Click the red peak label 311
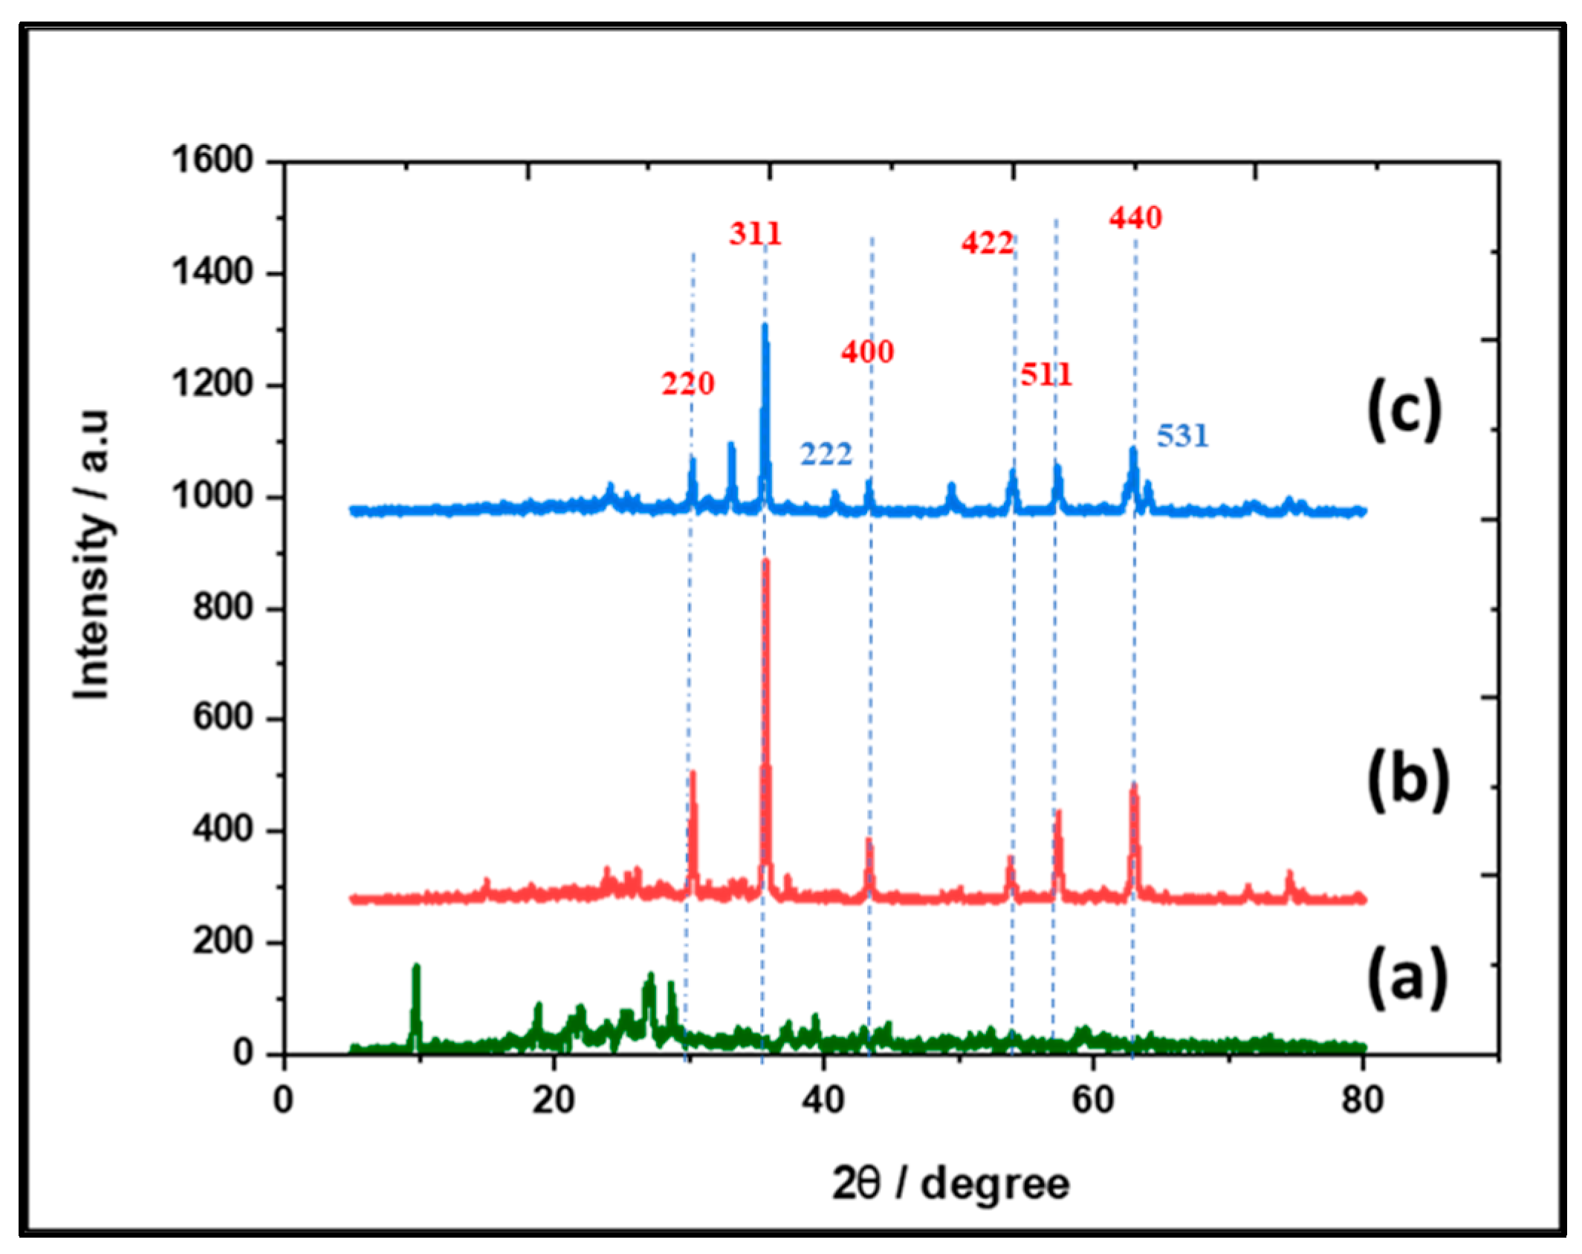755,234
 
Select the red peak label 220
688,383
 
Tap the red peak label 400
867,351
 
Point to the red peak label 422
987,243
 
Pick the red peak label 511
1046,374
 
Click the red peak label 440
1135,218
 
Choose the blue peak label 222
826,454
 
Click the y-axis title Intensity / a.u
92,553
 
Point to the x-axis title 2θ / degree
950,1183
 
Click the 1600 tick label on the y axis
213,160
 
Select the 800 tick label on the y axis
224,608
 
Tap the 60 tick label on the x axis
1093,1099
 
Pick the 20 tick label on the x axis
554,1099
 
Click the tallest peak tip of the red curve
766,562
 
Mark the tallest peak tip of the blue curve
765,326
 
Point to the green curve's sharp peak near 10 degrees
416,967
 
